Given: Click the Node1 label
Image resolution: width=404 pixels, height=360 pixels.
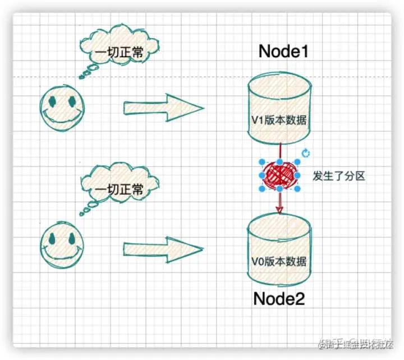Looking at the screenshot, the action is [284, 52].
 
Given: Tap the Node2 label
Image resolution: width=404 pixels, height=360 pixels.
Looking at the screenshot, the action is [279, 298].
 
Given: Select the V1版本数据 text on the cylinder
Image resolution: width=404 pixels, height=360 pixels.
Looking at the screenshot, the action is [279, 121].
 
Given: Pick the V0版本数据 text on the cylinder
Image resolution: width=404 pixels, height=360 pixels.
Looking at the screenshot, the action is [279, 261].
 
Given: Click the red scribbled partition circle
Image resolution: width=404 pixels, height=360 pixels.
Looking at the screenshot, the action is [279, 175].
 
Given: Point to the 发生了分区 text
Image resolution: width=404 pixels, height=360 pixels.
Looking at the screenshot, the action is [339, 176].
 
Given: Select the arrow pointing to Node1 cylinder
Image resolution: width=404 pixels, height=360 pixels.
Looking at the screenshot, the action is [163, 107].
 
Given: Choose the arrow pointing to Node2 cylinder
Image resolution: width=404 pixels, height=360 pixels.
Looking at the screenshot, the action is [163, 248].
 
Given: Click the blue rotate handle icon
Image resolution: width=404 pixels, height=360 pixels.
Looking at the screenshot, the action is [306, 153].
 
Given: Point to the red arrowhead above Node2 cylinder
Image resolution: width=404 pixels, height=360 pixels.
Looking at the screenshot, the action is [279, 208].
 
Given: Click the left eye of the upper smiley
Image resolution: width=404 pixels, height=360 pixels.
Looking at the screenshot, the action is [52, 102].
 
